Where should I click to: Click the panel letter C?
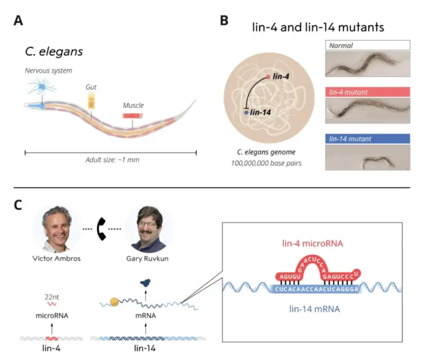(x=19, y=205)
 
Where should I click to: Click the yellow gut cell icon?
(x=92, y=99)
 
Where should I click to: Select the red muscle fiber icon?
(x=133, y=115)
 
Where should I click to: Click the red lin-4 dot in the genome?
(x=268, y=76)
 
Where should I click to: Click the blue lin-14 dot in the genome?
(x=246, y=112)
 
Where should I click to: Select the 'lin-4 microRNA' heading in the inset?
(x=312, y=244)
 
